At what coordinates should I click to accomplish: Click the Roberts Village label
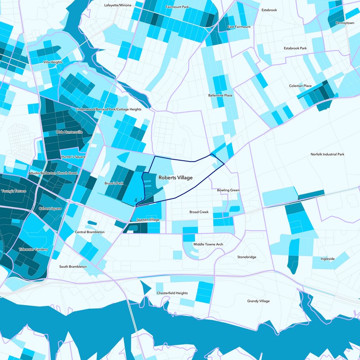[x=175, y=178]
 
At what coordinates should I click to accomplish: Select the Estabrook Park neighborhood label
[x=295, y=48]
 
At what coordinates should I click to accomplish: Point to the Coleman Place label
[x=300, y=85]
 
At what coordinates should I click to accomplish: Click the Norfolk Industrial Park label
[x=327, y=154]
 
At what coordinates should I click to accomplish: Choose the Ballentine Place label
[x=220, y=95]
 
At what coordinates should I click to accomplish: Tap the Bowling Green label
[x=228, y=190]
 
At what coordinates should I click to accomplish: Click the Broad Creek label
[x=199, y=211]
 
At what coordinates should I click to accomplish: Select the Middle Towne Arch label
[x=208, y=244]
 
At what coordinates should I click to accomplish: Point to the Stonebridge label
[x=247, y=257]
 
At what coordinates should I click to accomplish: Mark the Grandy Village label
[x=259, y=301]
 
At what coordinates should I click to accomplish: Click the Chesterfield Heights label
[x=172, y=293]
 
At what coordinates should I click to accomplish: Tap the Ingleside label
[x=328, y=259]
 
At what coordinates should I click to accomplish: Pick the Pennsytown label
[x=345, y=22]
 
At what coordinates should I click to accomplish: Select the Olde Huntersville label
[x=69, y=132]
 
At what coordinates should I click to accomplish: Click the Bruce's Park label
[x=114, y=183]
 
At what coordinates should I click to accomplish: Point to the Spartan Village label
[x=148, y=219]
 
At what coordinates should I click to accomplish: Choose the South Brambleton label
[x=73, y=266]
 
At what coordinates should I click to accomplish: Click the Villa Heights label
[x=53, y=62]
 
